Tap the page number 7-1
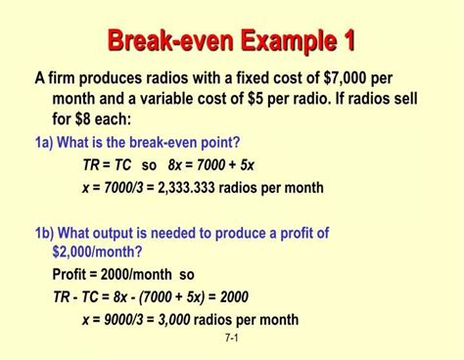pos(232,338)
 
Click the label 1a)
pos(44,142)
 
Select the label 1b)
pos(45,233)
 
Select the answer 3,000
pos(172,320)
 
